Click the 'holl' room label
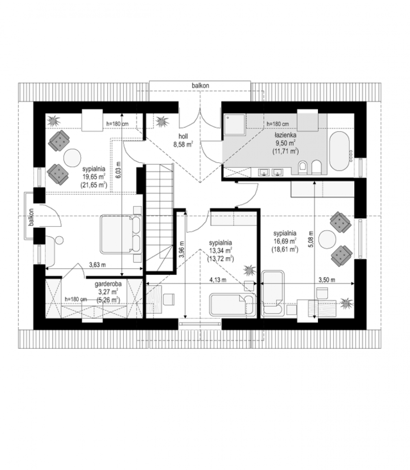[183, 136]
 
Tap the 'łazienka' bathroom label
[286, 135]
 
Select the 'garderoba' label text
[108, 284]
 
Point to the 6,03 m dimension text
[118, 170]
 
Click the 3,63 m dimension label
[97, 265]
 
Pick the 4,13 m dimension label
[218, 280]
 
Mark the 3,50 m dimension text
[327, 280]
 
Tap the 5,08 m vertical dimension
[311, 239]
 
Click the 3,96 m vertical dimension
[181, 249]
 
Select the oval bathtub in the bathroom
[339, 151]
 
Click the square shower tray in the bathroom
[234, 124]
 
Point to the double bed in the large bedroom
[121, 234]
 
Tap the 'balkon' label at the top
[200, 86]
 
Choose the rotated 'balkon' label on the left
[31, 217]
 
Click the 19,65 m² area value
[94, 177]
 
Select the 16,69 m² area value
[285, 241]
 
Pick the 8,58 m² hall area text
[183, 145]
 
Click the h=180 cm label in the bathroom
[278, 124]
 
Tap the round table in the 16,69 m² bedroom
[327, 239]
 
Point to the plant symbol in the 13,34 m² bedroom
[249, 270]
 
